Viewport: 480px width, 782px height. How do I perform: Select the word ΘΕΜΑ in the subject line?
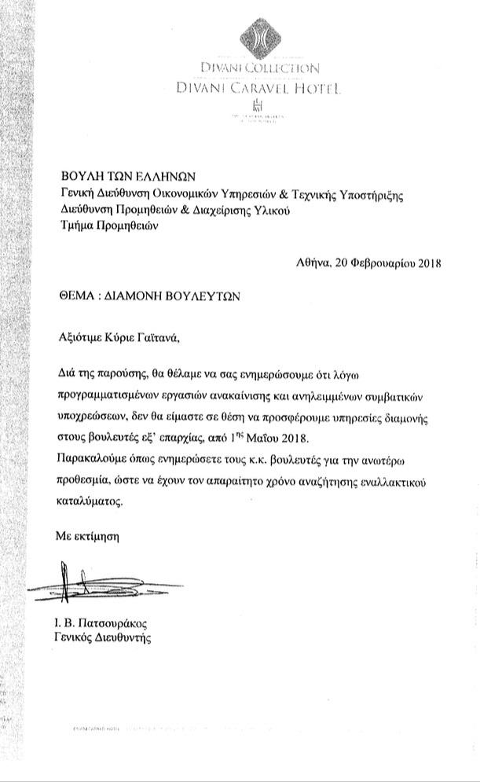pos(78,298)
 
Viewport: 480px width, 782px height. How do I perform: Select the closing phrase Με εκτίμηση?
pos(86,536)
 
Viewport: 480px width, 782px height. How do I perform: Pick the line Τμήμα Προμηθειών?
pos(109,226)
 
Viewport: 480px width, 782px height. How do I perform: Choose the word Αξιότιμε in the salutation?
pos(81,338)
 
